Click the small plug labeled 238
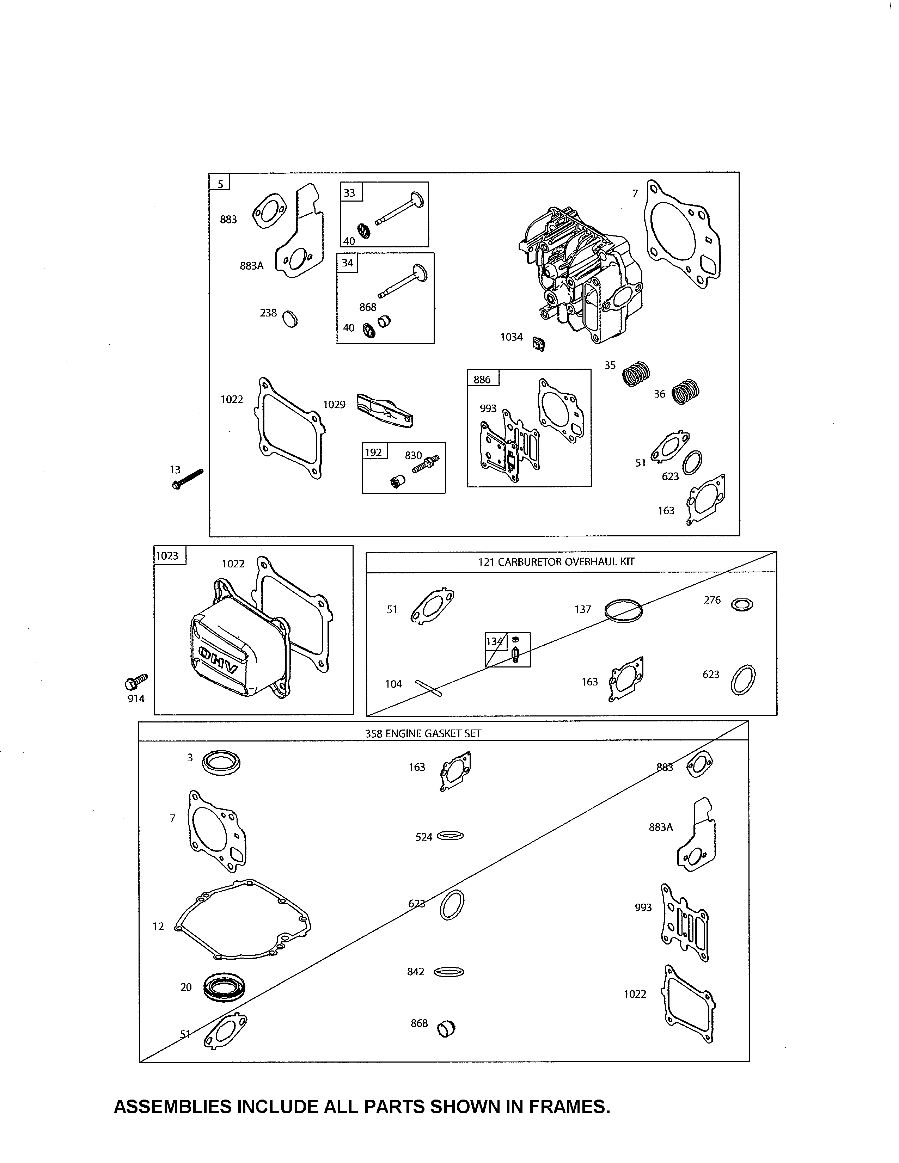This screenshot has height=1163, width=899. [x=290, y=319]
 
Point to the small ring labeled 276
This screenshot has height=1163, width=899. [x=742, y=604]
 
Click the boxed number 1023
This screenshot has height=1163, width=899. [x=167, y=555]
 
